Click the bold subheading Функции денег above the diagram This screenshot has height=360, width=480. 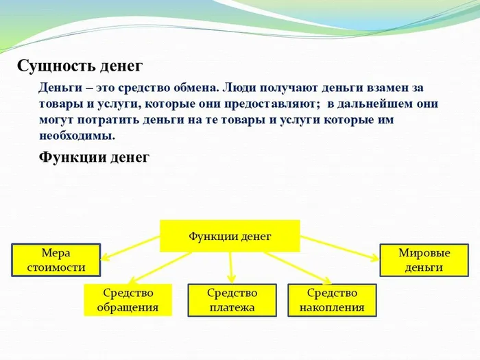(94, 157)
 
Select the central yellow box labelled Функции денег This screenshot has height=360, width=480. (230, 236)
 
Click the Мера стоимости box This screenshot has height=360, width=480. (56, 260)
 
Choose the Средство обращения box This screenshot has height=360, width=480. (127, 300)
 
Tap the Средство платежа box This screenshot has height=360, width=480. (232, 300)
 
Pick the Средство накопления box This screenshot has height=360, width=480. (331, 300)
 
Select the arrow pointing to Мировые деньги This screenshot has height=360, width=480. (339, 248)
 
